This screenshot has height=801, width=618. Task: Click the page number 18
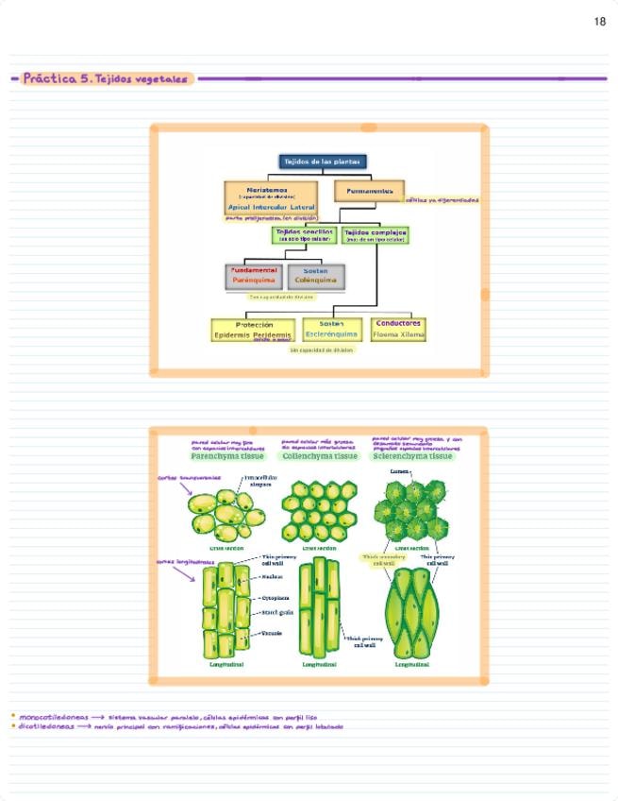point(600,22)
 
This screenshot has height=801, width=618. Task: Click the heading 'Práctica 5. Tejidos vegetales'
point(106,79)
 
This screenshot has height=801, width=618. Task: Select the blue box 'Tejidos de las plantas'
point(322,162)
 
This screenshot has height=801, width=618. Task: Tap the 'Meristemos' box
point(272,197)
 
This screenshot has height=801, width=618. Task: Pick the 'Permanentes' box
point(369,191)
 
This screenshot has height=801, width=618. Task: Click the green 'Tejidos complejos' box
point(376,234)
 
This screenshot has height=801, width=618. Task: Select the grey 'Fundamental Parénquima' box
point(255,276)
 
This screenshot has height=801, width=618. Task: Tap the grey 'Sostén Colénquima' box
point(315,276)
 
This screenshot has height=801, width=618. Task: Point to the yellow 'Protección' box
point(254,329)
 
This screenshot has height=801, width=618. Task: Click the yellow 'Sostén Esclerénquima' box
point(331,329)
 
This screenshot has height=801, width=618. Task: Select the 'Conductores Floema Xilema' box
point(398,328)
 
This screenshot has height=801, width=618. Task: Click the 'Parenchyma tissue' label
point(227,456)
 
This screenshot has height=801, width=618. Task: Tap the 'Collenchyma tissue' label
point(320,456)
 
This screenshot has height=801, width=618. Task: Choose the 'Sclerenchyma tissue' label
point(412,456)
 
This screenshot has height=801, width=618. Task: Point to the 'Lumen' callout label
point(398,470)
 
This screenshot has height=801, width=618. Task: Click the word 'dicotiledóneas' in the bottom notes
point(45,726)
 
